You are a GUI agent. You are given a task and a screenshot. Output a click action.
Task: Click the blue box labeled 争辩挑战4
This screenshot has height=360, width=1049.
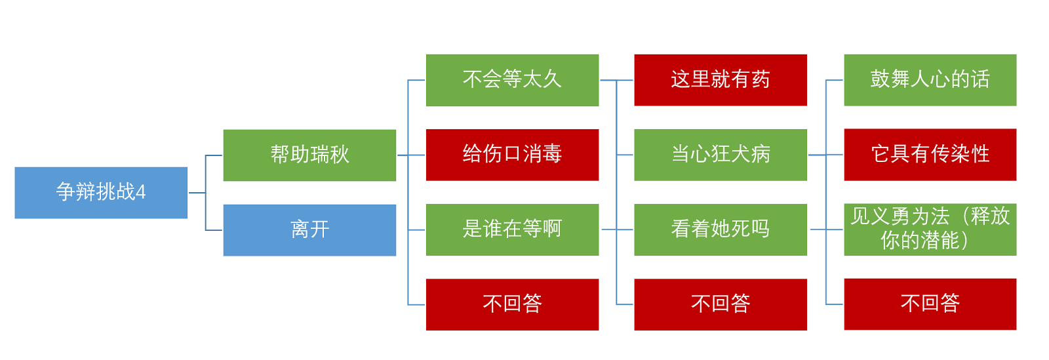tap(101, 192)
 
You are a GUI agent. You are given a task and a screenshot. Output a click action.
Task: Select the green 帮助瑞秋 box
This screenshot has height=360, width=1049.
tap(309, 155)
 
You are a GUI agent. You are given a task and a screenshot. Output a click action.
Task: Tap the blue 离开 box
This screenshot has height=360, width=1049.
tap(309, 230)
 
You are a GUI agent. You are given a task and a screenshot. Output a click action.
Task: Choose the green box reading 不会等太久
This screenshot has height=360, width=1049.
tap(512, 80)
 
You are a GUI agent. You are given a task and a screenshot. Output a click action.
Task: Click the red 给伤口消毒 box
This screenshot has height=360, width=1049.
tap(512, 155)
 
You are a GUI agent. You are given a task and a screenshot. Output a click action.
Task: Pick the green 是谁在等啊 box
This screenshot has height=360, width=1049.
tap(512, 230)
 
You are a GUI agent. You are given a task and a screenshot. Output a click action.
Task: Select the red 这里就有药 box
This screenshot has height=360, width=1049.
tap(721, 80)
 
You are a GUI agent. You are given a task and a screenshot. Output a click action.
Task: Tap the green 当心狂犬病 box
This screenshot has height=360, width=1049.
tap(721, 155)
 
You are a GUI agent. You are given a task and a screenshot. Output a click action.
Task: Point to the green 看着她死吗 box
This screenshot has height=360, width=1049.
tap(721, 230)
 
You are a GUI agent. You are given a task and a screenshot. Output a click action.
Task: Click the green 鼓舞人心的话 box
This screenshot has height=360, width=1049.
tap(930, 80)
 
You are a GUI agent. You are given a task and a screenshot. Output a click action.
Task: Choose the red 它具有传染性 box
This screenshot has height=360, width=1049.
tap(930, 155)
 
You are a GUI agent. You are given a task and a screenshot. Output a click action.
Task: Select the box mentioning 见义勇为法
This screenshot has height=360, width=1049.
tap(930, 230)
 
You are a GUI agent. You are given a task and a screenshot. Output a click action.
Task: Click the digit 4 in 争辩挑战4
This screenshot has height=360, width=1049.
tap(140, 192)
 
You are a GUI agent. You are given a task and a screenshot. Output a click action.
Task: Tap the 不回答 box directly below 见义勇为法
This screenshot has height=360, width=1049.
tap(930, 304)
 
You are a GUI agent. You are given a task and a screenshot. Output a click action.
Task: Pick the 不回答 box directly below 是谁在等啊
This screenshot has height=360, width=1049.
tap(512, 305)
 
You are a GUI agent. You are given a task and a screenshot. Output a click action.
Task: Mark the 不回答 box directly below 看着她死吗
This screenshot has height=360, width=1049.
tap(721, 305)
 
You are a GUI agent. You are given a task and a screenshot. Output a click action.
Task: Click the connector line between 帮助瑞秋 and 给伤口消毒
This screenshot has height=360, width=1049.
tap(411, 155)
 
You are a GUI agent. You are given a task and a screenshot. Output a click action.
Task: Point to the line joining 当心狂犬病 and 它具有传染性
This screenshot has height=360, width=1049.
tap(825, 155)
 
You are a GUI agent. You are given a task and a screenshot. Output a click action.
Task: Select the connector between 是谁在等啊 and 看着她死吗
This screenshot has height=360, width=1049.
tap(617, 230)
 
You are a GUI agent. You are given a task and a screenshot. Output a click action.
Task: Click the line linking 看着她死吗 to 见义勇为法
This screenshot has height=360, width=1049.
tap(826, 230)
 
